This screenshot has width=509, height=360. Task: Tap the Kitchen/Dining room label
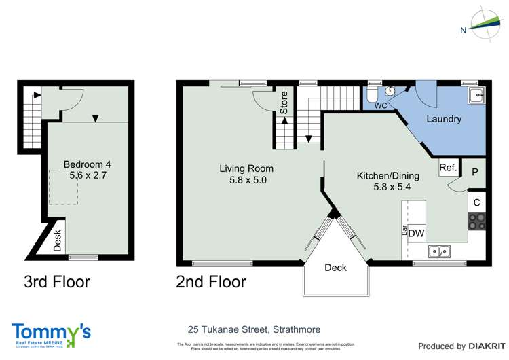tap(388, 175)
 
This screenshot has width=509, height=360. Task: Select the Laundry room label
tap(444, 119)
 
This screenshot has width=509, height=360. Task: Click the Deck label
tap(335, 267)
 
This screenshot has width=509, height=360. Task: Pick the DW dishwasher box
tap(417, 233)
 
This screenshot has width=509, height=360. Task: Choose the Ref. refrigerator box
tap(447, 167)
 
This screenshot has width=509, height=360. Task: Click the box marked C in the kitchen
tap(476, 202)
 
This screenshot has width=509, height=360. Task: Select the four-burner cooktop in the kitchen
tap(476, 223)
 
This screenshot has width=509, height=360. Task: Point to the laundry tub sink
tap(477, 95)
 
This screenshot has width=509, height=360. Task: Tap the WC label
tap(380, 106)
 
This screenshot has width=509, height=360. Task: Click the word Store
tap(284, 101)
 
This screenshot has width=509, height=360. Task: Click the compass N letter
tap(463, 30)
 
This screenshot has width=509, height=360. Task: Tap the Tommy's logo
tap(51, 334)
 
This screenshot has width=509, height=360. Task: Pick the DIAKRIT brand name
tap(484, 346)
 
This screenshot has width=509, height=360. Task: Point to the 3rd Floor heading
tap(57, 281)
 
